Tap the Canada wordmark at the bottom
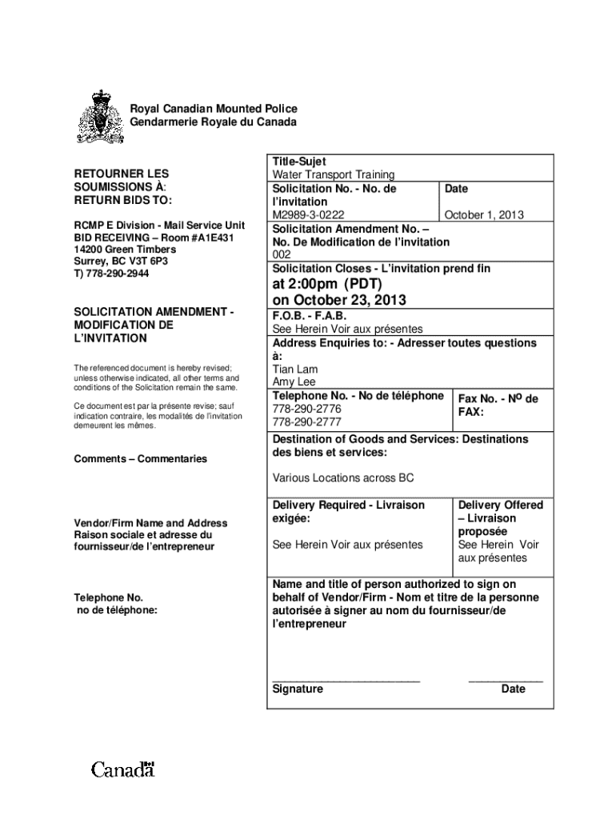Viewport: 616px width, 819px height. pos(122,770)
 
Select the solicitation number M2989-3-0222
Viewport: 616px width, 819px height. pos(309,214)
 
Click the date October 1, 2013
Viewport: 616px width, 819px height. pos(483,214)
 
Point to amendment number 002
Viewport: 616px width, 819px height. pos(282,254)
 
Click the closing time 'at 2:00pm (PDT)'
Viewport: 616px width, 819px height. pos(329,284)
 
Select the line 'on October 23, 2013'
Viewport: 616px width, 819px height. pos(339,301)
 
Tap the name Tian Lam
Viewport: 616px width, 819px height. pos(295,369)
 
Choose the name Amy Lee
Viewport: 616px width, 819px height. pos(294,382)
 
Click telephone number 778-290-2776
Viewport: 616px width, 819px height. pos(307,409)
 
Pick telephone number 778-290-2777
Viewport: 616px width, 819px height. pos(307,421)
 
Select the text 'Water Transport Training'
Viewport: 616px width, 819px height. pos(334,174)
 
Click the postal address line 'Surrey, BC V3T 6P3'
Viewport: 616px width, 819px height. pos(122,262)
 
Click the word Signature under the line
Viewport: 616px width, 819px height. pos(298,689)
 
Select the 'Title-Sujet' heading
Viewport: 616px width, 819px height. pos(298,162)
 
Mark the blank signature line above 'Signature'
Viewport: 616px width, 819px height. pos(346,680)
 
